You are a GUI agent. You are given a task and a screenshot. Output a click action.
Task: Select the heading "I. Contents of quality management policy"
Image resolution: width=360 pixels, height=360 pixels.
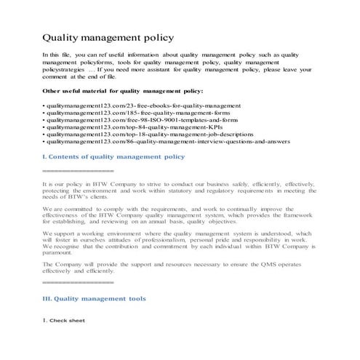coord(113,156)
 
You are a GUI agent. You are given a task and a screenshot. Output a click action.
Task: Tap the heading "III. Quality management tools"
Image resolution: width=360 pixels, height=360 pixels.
coord(95,298)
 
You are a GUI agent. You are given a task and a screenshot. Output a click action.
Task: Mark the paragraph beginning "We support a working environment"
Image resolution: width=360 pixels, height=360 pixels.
coord(178,239)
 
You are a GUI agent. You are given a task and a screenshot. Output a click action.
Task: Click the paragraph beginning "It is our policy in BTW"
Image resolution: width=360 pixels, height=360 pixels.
coord(178,191)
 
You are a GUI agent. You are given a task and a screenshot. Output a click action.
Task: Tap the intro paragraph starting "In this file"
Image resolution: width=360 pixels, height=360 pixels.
coord(178,65)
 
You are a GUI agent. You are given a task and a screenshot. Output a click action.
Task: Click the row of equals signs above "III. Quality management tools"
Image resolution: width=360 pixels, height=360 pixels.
coord(78,281)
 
